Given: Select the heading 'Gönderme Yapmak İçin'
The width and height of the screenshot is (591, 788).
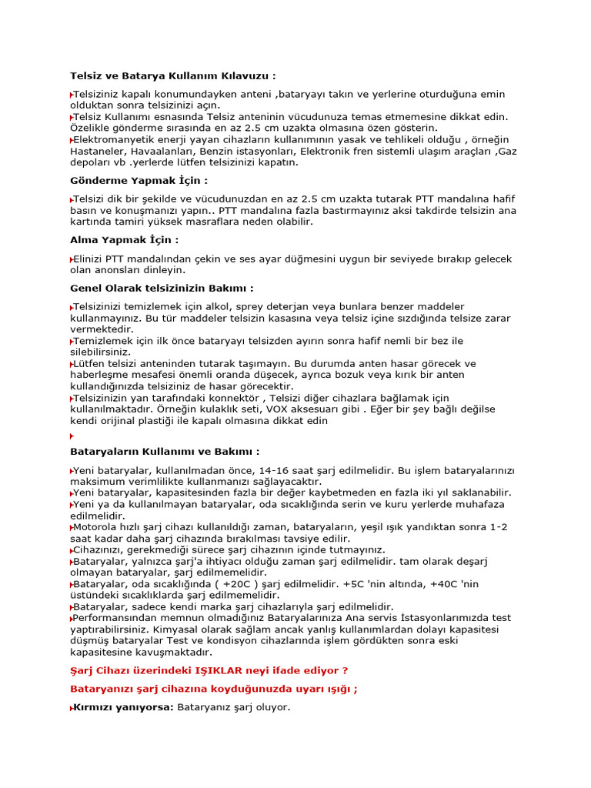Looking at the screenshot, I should point(139,180).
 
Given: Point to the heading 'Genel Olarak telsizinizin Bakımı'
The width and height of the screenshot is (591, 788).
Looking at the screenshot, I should point(162,288).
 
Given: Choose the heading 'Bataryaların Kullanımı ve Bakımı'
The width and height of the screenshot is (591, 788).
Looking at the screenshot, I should point(165,451).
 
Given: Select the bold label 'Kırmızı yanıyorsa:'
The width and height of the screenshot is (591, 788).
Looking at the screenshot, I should point(124,707).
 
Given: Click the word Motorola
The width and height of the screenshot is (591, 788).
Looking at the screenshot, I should point(97,527).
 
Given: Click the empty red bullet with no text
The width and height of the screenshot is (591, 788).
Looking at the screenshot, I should point(72,436).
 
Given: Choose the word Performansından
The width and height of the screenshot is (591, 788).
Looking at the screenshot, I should point(115,618).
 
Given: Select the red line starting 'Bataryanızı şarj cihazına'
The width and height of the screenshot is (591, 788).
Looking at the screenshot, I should point(214,689).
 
